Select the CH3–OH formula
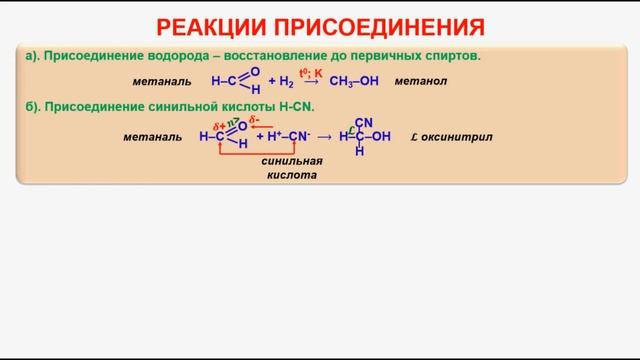pyautogui.click(x=353, y=81)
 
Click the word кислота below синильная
pyautogui.click(x=290, y=175)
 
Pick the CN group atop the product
pyautogui.click(x=363, y=123)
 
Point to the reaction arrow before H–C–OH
pyautogui.click(x=323, y=137)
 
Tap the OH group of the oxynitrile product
pyautogui.click(x=380, y=137)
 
